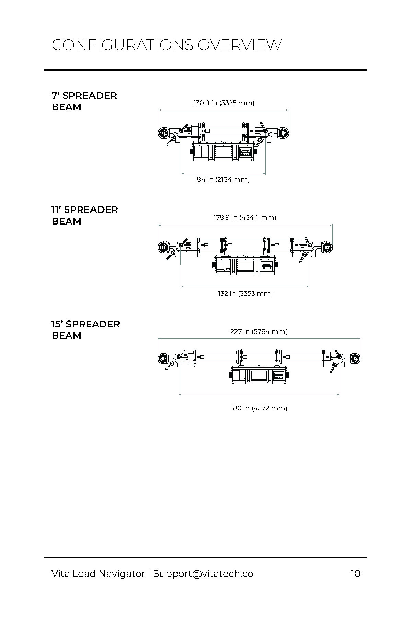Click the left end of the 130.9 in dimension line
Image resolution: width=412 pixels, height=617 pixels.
point(158,110)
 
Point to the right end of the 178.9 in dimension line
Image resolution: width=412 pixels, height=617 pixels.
point(332,225)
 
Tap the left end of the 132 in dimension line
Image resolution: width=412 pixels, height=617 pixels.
point(181,287)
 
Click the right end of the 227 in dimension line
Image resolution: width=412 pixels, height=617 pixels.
point(360,339)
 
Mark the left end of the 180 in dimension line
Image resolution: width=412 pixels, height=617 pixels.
point(179,395)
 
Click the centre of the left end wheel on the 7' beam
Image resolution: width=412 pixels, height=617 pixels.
point(163,133)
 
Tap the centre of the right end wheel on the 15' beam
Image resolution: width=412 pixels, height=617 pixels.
point(356,359)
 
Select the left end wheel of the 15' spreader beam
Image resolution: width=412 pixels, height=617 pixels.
point(162,359)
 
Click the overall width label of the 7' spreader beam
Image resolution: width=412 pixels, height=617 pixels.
point(224,103)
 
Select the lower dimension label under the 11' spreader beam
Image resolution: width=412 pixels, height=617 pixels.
point(245,294)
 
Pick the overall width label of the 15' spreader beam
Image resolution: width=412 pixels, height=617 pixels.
point(259,332)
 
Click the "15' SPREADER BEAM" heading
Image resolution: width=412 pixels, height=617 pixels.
point(86,330)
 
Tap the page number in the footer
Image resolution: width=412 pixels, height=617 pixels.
point(355,574)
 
